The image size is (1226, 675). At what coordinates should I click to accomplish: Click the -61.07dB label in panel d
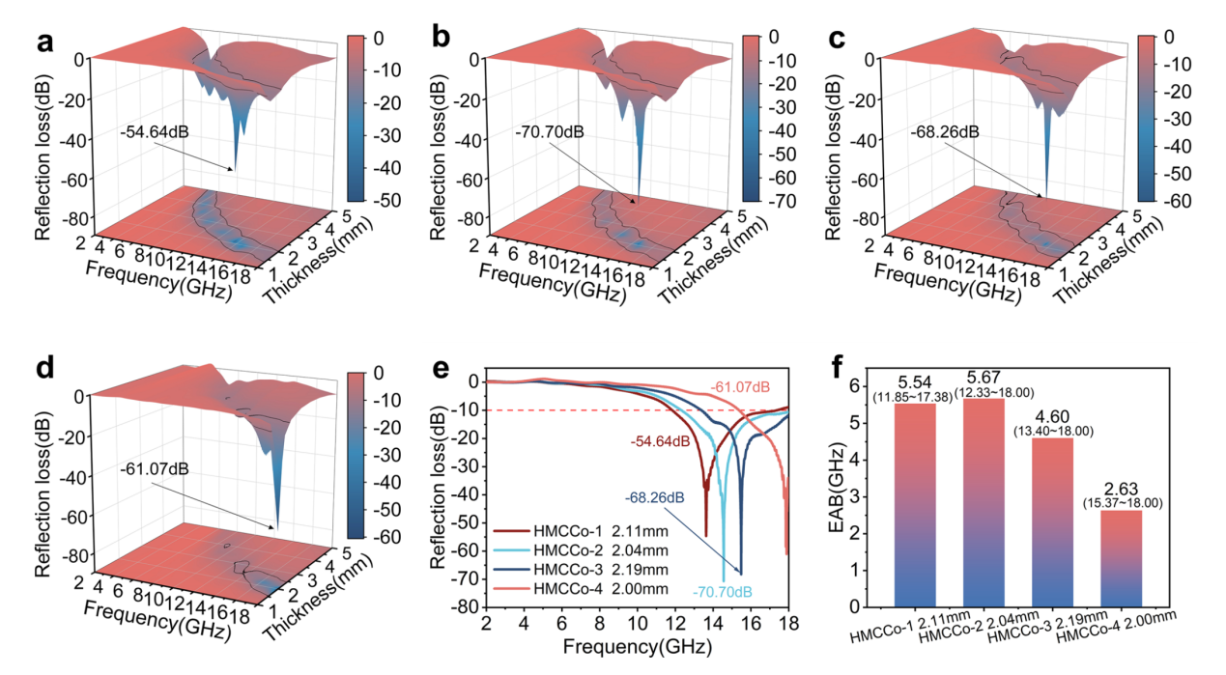tap(156, 469)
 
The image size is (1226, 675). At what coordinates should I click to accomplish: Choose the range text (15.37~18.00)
tap(1138, 503)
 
